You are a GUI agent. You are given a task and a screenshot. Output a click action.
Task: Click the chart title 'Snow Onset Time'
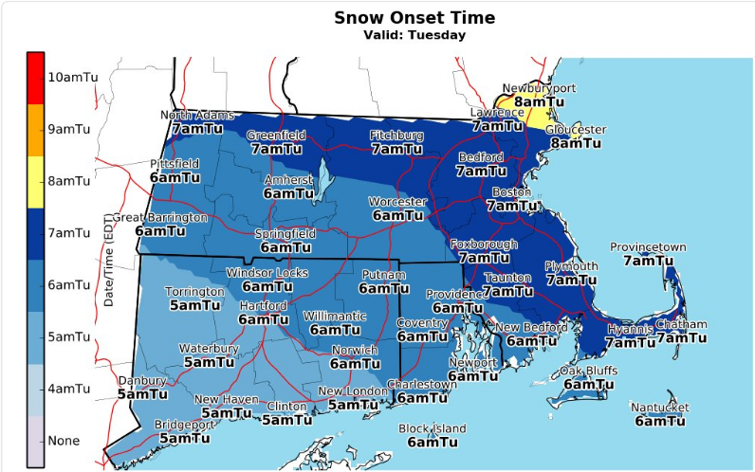(414, 18)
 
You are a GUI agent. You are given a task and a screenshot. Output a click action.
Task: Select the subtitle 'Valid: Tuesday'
(414, 36)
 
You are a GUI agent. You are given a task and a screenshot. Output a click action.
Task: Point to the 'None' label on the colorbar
(64, 441)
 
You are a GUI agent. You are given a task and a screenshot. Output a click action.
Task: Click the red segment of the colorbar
(35, 77)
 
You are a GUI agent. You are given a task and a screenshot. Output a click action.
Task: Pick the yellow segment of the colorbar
(35, 181)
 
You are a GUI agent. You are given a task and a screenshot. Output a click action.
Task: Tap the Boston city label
(513, 192)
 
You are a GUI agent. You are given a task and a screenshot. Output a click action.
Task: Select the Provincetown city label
(648, 247)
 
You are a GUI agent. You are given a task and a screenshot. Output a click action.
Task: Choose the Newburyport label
(539, 88)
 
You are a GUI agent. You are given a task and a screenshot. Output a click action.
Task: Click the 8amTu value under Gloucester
(576, 143)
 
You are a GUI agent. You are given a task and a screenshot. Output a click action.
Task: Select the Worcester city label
(397, 202)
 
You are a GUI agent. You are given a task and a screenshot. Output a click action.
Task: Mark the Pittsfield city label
(175, 164)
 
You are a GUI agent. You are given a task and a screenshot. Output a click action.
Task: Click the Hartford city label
(263, 306)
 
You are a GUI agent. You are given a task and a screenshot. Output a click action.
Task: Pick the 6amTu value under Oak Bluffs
(589, 384)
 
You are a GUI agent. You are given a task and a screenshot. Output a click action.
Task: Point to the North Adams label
(197, 116)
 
